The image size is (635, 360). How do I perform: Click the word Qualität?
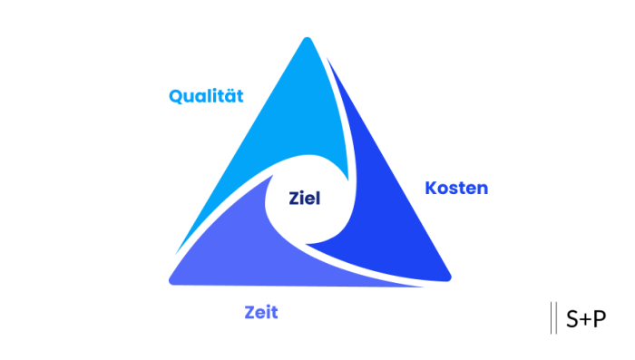[206, 96]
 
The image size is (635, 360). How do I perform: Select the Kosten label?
[456, 189]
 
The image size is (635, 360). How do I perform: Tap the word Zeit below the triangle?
[260, 313]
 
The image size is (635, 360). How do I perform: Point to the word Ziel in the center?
[305, 199]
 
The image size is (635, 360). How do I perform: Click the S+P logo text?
[585, 319]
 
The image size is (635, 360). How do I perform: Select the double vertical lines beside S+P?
[553, 319]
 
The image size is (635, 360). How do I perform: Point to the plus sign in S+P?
[585, 320]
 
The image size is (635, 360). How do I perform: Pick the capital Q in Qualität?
[176, 96]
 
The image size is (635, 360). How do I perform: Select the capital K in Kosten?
[431, 189]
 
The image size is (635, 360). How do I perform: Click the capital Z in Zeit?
[249, 313]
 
